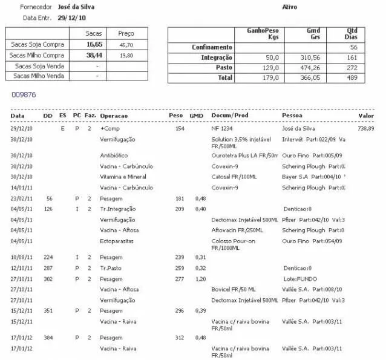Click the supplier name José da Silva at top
click(x=76, y=7)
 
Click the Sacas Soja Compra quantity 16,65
click(x=94, y=44)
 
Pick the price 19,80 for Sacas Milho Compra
click(x=126, y=55)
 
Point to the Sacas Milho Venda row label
click(x=38, y=76)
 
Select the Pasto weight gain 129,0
click(x=270, y=68)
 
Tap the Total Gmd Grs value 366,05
click(x=309, y=78)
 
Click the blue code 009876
click(x=24, y=95)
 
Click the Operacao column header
click(x=114, y=116)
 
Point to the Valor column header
click(x=366, y=116)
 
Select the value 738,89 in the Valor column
click(x=365, y=129)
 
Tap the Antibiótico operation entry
click(x=114, y=155)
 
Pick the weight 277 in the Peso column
click(x=179, y=278)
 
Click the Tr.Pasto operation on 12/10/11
click(x=113, y=267)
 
